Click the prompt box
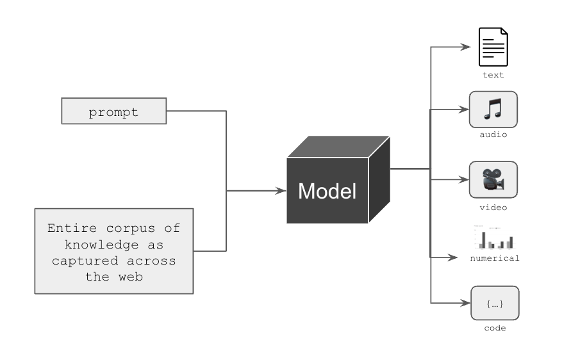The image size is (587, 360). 113,111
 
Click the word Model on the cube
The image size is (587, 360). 327,191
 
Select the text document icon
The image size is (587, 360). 493,47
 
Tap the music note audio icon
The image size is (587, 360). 493,109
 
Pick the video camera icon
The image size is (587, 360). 493,179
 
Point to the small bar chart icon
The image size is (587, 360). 494,238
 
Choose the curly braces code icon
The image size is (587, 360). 494,304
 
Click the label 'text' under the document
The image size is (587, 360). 493,75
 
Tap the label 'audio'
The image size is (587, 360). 493,135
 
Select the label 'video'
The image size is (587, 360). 493,208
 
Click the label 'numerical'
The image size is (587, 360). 494,258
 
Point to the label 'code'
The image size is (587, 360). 494,328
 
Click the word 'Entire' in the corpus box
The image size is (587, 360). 70,228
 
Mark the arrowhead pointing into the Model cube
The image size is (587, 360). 281,191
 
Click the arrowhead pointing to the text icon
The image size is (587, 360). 467,47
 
